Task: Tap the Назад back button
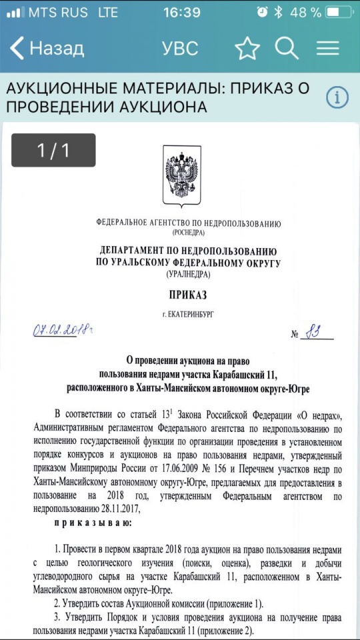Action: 47,48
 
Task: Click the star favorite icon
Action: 247,48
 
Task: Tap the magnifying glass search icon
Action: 287,48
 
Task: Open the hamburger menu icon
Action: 328,48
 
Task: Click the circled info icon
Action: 337,97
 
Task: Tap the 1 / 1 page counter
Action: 53,150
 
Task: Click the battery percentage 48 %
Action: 306,13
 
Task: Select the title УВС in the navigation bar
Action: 180,48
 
